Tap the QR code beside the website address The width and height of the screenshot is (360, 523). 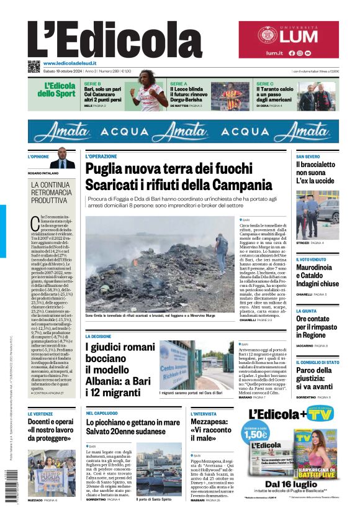coord(34,65)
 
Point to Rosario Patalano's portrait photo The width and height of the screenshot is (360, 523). coord(63,158)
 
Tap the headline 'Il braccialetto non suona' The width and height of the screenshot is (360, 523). coord(316,173)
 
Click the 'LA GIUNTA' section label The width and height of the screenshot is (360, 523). coord(306,311)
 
